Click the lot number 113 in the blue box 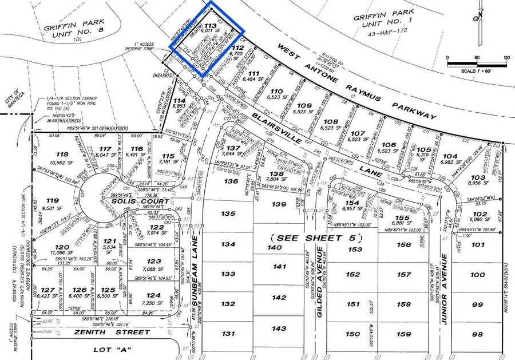pos(210,26)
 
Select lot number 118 pos(61,155)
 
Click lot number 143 pos(279,329)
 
